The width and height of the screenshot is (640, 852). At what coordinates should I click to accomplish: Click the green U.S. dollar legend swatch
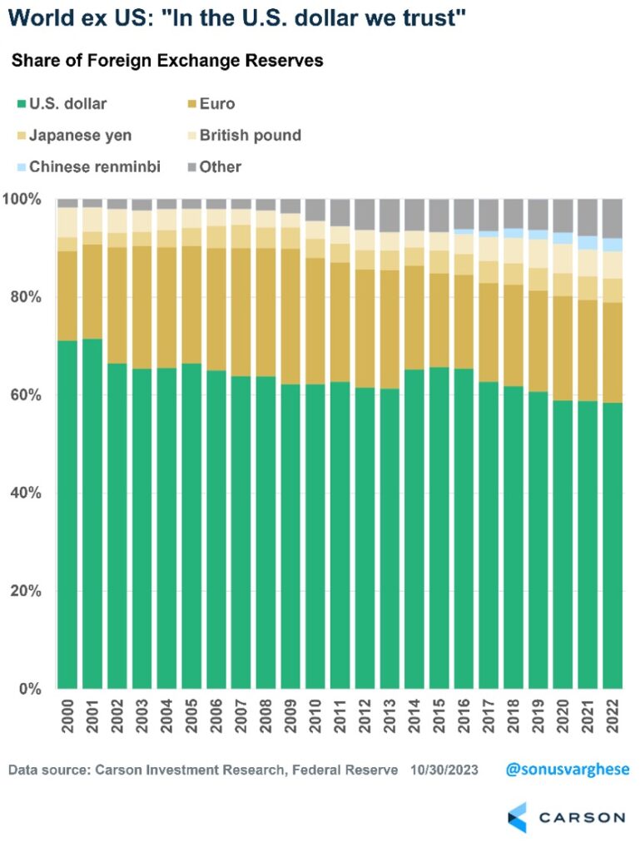tap(20, 105)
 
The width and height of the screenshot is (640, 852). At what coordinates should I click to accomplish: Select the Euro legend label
tap(217, 104)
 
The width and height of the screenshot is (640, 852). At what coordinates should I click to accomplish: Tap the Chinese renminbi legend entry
tap(94, 166)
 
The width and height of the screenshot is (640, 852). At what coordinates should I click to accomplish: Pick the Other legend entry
tap(220, 166)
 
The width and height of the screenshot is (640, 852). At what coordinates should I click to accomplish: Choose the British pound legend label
tap(250, 135)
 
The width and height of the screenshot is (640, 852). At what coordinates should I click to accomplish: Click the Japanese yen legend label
tap(79, 135)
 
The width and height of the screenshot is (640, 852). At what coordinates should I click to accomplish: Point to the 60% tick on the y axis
tap(27, 395)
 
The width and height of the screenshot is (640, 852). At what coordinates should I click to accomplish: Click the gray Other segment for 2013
tap(389, 215)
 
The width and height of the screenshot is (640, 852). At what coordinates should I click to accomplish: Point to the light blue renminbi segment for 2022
tap(612, 245)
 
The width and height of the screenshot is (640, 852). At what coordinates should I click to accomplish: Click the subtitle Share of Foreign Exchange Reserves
tap(167, 61)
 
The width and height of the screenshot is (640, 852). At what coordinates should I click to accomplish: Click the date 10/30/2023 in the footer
tap(444, 770)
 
